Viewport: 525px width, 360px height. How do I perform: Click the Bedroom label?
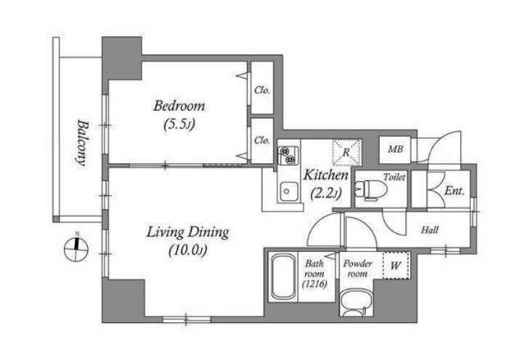click(179, 106)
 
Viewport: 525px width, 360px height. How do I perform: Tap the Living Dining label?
click(188, 232)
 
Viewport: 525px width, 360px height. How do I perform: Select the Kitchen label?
click(326, 175)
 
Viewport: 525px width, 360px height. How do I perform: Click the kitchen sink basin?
click(289, 191)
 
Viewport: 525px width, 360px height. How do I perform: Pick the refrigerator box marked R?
click(346, 153)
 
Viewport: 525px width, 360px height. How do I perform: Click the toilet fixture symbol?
click(371, 189)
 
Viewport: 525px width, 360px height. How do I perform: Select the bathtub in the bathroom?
click(283, 277)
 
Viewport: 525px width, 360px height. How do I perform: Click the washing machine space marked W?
click(396, 266)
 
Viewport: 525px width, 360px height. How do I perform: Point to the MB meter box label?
click(395, 149)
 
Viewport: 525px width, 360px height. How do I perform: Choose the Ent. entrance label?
click(454, 191)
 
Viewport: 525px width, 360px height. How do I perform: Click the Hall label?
click(430, 230)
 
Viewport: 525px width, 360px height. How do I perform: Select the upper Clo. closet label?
click(262, 90)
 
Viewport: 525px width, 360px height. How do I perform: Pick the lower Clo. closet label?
click(262, 140)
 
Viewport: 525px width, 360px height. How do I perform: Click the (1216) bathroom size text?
click(314, 285)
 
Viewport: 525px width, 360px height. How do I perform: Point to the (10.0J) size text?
click(188, 250)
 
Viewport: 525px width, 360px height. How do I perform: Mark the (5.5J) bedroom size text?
click(179, 125)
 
